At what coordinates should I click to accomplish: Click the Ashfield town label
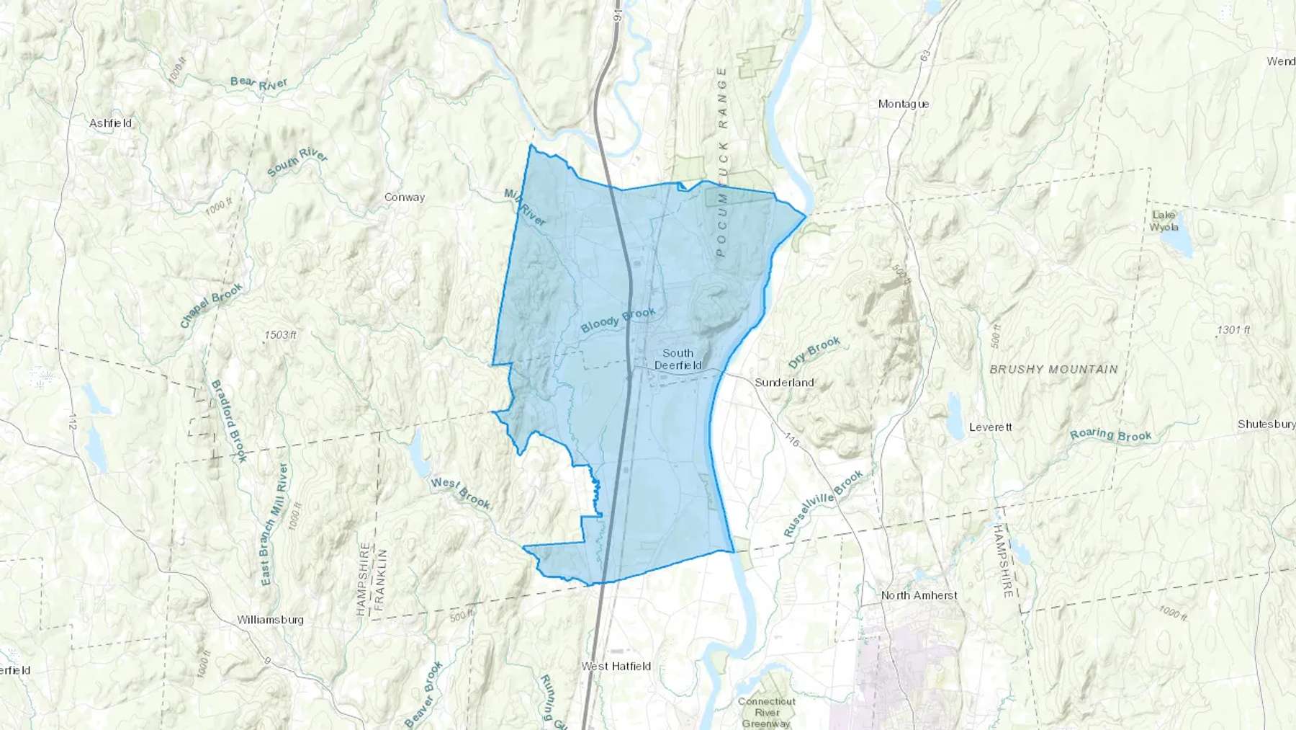click(111, 123)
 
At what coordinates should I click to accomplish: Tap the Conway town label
click(405, 197)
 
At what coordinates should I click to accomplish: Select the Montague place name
click(904, 104)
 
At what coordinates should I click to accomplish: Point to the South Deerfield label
click(678, 359)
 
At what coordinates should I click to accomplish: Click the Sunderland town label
click(784, 383)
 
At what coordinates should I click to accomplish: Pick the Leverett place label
click(991, 427)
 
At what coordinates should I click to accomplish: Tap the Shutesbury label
click(1266, 424)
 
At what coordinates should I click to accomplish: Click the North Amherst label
click(919, 595)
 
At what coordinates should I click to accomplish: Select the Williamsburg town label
click(271, 620)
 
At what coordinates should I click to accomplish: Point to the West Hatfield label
click(616, 667)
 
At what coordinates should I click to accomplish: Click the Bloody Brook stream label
click(618, 321)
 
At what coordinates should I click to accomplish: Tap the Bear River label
click(259, 83)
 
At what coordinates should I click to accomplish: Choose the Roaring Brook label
click(1110, 435)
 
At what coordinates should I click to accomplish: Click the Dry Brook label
click(814, 351)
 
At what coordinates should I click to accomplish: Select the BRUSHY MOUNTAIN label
click(1053, 369)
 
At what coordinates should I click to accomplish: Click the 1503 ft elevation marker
click(281, 335)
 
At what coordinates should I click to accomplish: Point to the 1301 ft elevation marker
click(1233, 330)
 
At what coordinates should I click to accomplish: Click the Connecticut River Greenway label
click(766, 712)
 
